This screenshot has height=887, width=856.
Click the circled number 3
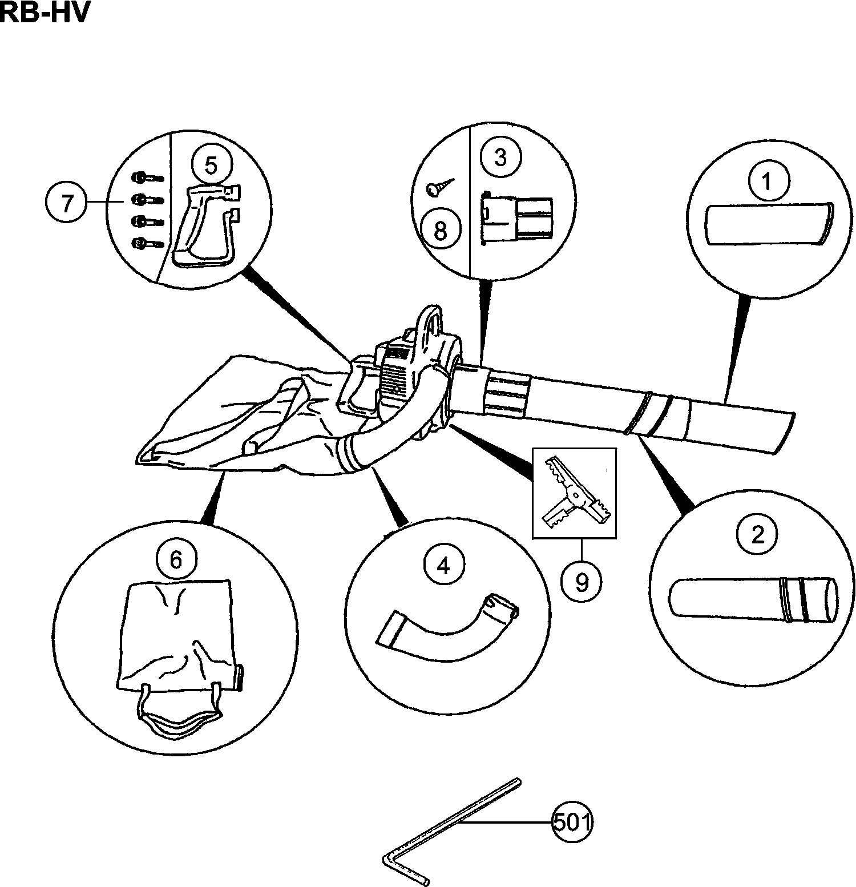(x=500, y=157)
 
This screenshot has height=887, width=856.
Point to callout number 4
(x=443, y=565)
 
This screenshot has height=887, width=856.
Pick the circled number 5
(x=211, y=166)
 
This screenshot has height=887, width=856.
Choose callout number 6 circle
(x=176, y=560)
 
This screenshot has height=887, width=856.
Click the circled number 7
(x=67, y=203)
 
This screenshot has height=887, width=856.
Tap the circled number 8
(x=441, y=231)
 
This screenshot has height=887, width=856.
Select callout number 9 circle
(x=582, y=583)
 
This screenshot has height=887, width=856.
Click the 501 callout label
(x=572, y=823)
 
